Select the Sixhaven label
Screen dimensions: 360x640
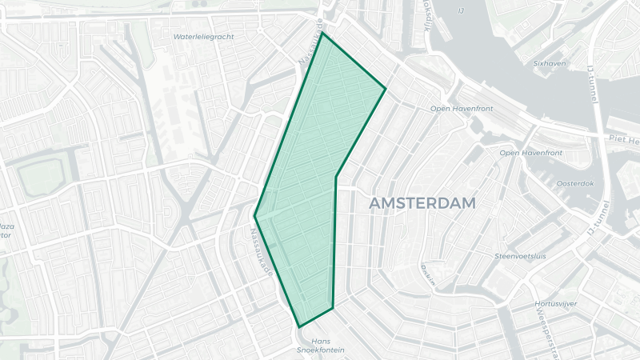pyautogui.click(x=551, y=62)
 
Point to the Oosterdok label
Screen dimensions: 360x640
pyautogui.click(x=574, y=183)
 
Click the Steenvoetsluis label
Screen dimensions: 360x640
pyautogui.click(x=520, y=256)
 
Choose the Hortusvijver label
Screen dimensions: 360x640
pyautogui.click(x=557, y=305)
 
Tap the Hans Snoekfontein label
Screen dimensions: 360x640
pyautogui.click(x=320, y=346)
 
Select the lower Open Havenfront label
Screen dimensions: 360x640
pyautogui.click(x=530, y=152)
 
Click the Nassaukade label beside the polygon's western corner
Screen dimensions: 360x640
pyautogui.click(x=262, y=250)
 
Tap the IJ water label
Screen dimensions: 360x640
pyautogui.click(x=461, y=10)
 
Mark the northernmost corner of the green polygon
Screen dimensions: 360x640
pyautogui.click(x=322, y=34)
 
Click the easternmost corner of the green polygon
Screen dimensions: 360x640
pyautogui.click(x=386, y=88)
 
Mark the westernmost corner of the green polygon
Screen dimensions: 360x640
pyautogui.click(x=255, y=216)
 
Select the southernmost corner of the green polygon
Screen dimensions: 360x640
pyautogui.click(x=299, y=326)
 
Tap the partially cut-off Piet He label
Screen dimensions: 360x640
pyautogui.click(x=623, y=140)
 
